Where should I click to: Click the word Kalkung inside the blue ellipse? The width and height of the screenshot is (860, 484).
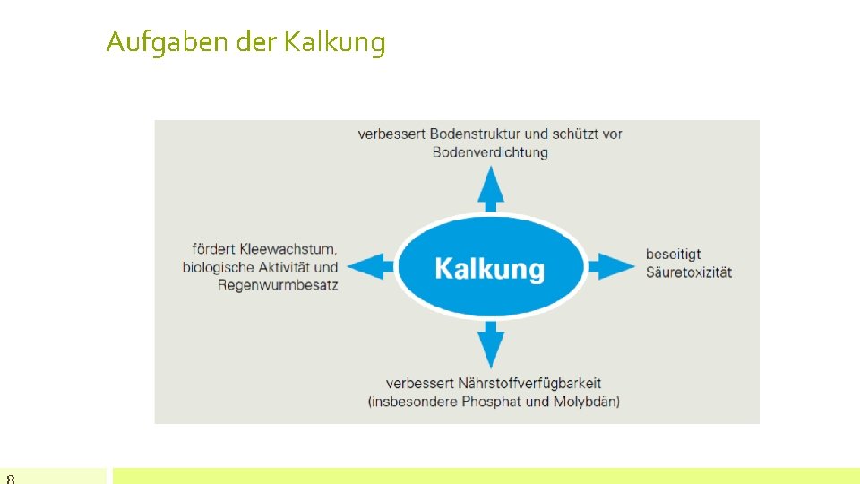point(489,269)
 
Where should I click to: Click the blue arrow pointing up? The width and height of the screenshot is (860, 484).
point(489,190)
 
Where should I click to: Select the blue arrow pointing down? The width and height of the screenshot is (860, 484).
point(489,344)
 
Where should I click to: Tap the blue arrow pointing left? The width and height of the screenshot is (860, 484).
point(370,266)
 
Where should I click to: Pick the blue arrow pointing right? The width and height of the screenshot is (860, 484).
point(611,266)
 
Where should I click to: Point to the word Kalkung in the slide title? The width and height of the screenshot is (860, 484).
point(334,42)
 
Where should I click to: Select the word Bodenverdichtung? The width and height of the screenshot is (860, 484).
point(489,152)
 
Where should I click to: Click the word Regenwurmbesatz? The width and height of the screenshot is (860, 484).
point(278,285)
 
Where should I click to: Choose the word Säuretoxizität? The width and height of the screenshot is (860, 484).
point(688,272)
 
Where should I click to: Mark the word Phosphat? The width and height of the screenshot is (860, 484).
point(492,401)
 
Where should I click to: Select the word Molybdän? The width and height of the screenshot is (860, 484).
point(586,401)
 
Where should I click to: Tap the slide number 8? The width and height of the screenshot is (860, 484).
point(11,479)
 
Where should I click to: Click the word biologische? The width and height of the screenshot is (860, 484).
point(219,267)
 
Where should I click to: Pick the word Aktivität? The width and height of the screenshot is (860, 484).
point(284,267)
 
